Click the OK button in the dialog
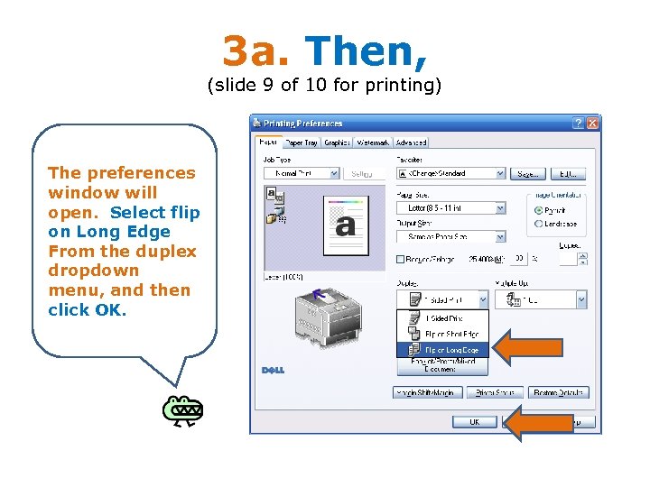474,421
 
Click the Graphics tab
338,142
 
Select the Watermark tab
373,142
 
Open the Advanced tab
411,142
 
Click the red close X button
593,124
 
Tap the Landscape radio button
539,224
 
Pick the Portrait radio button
539,210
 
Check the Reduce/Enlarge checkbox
401,260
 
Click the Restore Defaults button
559,392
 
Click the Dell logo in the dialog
274,370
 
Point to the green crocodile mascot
182,409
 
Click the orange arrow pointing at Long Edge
532,348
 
